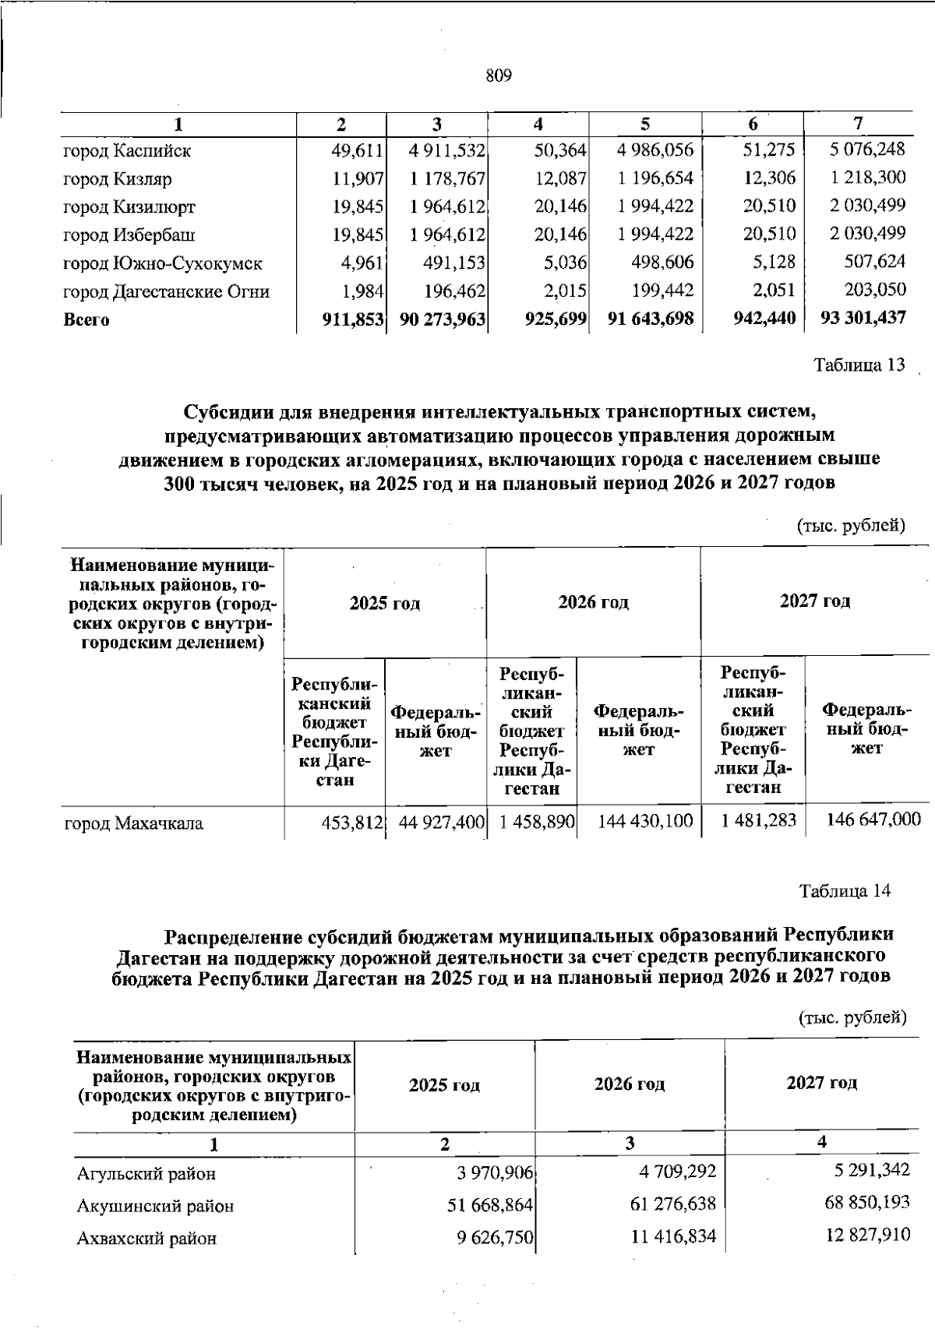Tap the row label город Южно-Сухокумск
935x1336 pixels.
[x=162, y=263]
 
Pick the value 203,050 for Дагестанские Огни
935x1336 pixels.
[x=875, y=290]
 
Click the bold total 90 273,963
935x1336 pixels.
[x=443, y=319]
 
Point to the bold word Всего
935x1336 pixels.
[x=86, y=319]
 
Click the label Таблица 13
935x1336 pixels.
[x=859, y=365]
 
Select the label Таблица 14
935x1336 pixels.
[x=845, y=890]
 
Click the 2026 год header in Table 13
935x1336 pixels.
[x=593, y=602]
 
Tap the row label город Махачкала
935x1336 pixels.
[x=133, y=823]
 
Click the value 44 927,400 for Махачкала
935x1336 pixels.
[x=442, y=821]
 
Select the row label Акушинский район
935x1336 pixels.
[x=155, y=1207]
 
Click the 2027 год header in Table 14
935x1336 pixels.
[x=822, y=1083]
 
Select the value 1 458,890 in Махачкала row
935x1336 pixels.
[x=533, y=821]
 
